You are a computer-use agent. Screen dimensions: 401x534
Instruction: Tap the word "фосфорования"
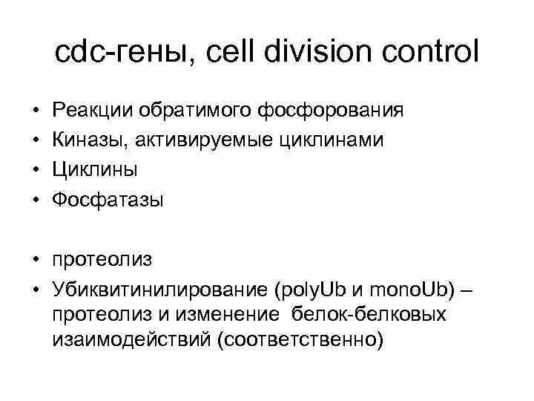(x=331, y=111)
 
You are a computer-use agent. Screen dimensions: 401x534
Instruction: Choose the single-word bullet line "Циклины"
(x=95, y=170)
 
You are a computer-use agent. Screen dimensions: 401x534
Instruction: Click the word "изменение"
(x=231, y=313)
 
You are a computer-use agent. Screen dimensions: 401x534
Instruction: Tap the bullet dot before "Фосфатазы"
(x=36, y=200)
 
